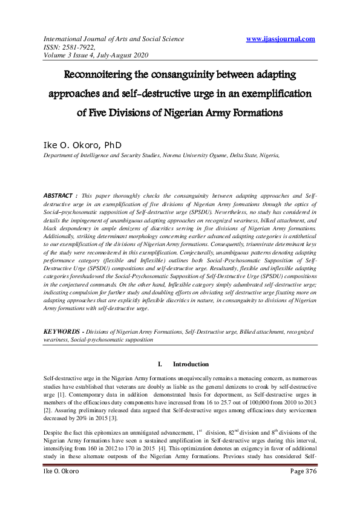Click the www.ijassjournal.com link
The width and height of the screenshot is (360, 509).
click(x=281, y=39)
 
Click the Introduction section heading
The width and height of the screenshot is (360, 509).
click(x=191, y=365)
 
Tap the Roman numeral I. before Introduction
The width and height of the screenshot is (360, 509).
click(x=160, y=365)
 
